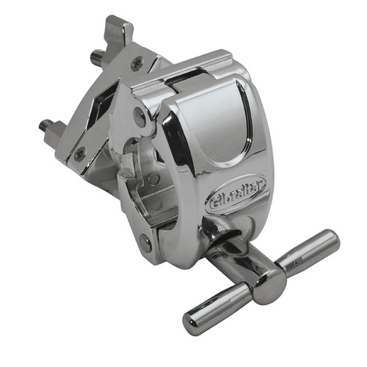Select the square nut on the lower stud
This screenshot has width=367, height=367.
point(56,134)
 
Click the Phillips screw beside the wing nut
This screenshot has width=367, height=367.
point(136,64)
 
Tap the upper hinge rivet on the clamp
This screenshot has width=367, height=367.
point(139,114)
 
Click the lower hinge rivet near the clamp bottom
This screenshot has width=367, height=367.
point(146,242)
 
